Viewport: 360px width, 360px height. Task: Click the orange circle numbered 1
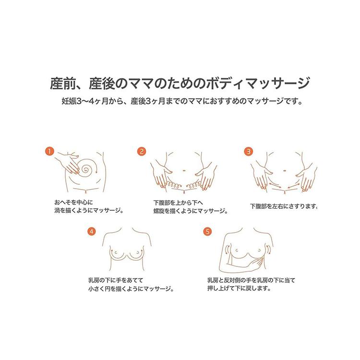coord(49,151)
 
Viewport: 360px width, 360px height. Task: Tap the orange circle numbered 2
coord(142,152)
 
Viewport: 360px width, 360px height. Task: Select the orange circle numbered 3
coord(249,152)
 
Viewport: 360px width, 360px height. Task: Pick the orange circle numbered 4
coord(92,231)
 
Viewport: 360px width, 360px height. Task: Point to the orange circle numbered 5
coord(207,231)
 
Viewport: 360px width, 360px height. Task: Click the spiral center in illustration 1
coord(86,170)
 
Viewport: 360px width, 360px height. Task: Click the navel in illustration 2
coord(184,170)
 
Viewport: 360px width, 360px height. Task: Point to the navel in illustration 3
coord(285,170)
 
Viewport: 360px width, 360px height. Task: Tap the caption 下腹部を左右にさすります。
coord(284,206)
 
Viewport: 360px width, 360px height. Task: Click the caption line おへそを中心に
coord(74,202)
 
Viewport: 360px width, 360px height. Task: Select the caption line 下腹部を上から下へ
coord(179,203)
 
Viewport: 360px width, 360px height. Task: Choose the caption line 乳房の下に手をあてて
coord(116,280)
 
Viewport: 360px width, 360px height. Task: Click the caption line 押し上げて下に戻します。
coord(239,288)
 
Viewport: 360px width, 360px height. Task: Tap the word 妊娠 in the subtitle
coord(69,101)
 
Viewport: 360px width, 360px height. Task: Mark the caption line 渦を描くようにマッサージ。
coord(89,211)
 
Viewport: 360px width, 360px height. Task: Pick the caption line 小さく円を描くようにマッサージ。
coord(131,288)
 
